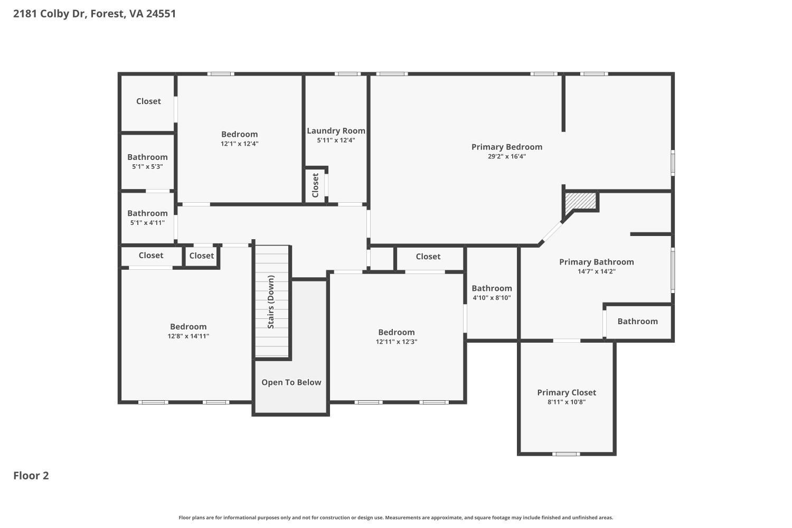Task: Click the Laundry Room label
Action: [x=336, y=131]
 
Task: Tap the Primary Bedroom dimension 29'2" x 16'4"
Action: [x=507, y=156]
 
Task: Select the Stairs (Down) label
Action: [x=271, y=301]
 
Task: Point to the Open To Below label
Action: [x=291, y=382]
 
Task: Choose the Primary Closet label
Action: [x=567, y=392]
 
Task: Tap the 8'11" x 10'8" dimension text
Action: [x=567, y=402]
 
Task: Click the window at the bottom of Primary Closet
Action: [x=566, y=454]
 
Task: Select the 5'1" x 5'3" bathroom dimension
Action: [x=147, y=166]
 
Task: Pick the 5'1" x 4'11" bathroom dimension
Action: [x=147, y=223]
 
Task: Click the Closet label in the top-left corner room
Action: [x=148, y=101]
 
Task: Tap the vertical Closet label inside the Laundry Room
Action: [x=315, y=185]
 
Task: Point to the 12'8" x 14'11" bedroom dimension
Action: [x=188, y=336]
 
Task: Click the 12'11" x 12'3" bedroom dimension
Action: [x=397, y=342]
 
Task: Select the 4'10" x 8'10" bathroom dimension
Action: [x=492, y=298]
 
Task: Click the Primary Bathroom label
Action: [x=597, y=262]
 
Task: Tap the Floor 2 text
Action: [x=31, y=476]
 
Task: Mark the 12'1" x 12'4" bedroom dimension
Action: [x=239, y=144]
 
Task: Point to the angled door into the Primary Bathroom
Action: [x=552, y=232]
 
